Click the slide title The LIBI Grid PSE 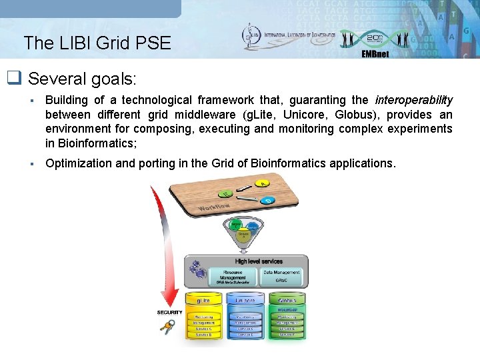pos(97,43)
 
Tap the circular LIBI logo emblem pos(252,37)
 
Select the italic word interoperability pos(413,100)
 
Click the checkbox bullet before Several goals pos(14,79)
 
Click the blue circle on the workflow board pos(268,200)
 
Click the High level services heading pos(259,261)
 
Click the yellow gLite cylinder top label pos(204,301)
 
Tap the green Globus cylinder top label pos(287,301)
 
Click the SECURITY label pos(169,312)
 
